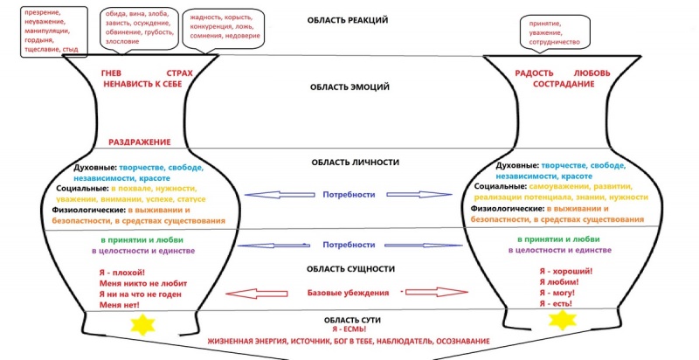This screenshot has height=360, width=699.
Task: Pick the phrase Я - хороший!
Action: click(x=563, y=272)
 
